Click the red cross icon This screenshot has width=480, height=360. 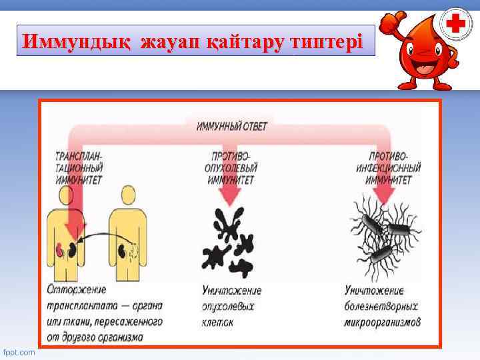pyautogui.click(x=456, y=25)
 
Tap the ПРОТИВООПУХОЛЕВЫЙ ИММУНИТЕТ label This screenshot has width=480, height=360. pyautogui.click(x=231, y=167)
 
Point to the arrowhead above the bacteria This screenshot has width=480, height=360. pyautogui.click(x=385, y=195)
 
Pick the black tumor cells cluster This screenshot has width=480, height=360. pyautogui.click(x=230, y=243)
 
